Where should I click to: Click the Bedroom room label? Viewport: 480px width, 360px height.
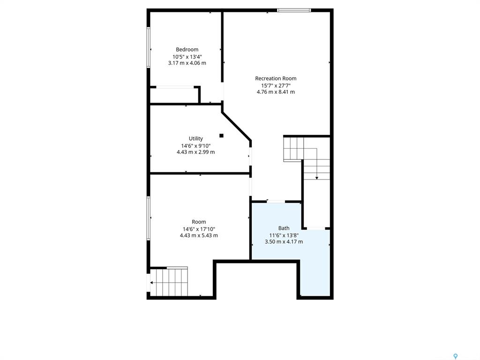187,50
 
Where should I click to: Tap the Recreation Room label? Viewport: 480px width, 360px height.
276,78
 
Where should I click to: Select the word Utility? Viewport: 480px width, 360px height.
195,139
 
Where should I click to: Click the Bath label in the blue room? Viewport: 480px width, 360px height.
284,228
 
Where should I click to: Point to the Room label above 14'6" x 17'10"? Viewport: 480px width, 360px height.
199,222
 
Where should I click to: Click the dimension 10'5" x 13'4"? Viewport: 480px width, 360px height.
187,57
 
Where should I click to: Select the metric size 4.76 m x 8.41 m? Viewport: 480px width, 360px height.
276,92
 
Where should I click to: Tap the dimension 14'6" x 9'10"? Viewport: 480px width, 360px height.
195,146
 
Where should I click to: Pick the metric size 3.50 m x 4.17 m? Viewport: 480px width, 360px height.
284,241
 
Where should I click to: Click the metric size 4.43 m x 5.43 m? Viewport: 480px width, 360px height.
199,235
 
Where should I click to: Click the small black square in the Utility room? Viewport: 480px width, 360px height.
221,135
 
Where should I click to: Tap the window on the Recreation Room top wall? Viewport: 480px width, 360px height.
294,10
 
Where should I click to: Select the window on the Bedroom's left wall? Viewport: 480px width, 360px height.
149,47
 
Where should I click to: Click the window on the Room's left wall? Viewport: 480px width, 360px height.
149,218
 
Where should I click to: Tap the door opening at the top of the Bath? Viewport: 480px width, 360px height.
276,202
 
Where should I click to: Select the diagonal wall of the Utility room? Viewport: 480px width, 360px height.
236,126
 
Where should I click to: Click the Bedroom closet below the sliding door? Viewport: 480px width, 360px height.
174,96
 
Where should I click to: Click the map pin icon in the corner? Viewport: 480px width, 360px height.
456,356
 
